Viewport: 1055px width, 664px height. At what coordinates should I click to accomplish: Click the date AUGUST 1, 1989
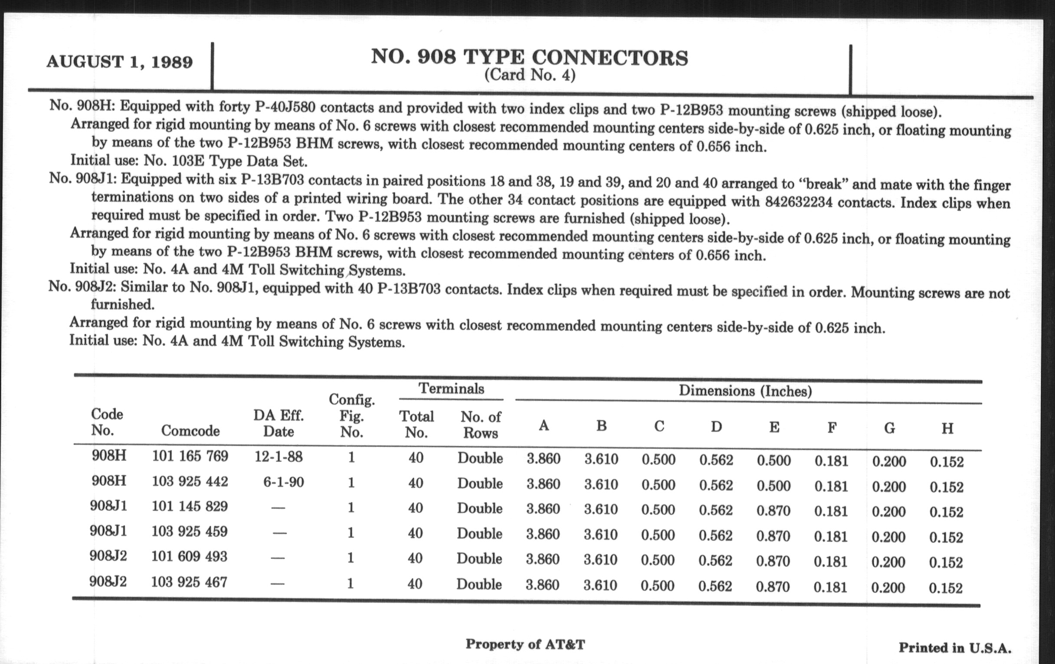pos(119,62)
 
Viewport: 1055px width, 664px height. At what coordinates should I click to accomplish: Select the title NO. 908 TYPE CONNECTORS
pos(529,57)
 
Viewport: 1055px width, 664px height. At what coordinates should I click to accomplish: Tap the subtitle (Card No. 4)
pos(529,76)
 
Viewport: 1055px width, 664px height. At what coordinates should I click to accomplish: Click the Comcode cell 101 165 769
pos(190,456)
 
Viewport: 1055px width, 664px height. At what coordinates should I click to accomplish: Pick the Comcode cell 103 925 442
pos(190,482)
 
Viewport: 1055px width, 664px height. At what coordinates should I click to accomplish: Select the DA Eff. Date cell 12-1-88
pos(278,457)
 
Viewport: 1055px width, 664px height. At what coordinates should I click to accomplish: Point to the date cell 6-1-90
pos(283,482)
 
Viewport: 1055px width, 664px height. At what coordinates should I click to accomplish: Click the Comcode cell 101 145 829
pos(189,506)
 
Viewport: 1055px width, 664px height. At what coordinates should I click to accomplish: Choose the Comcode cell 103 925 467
pos(189,582)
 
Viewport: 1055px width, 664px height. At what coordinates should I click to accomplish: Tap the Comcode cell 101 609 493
pos(189,557)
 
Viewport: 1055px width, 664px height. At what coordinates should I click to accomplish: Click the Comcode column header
pos(190,431)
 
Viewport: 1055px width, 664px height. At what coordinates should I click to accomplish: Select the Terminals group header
pos(451,389)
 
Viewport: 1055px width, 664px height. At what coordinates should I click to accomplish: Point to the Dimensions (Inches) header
pos(745,391)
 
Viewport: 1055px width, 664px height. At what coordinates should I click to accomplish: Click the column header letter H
pos(947,428)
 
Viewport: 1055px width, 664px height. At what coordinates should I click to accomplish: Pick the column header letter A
pos(543,425)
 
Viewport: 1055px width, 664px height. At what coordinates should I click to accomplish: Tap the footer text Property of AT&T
pos(525,644)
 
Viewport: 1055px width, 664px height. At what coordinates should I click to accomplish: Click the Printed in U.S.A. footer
pos(955,648)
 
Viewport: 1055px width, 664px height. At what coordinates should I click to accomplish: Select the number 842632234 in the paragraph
pos(799,202)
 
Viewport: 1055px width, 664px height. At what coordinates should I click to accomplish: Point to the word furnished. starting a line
pos(122,304)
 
